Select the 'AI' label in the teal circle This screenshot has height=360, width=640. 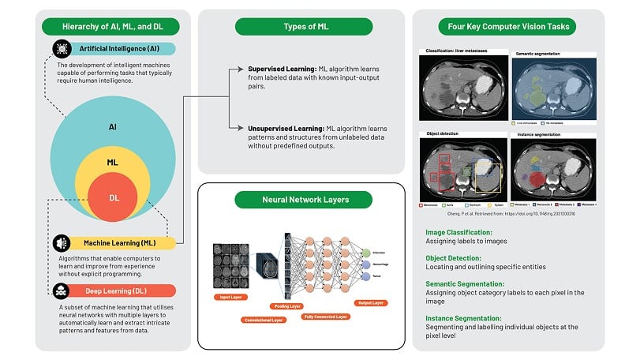(x=114, y=126)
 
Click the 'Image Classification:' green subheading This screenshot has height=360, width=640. (x=458, y=233)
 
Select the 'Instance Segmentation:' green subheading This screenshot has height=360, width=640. (x=463, y=317)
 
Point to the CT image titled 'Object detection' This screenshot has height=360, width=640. (x=462, y=172)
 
